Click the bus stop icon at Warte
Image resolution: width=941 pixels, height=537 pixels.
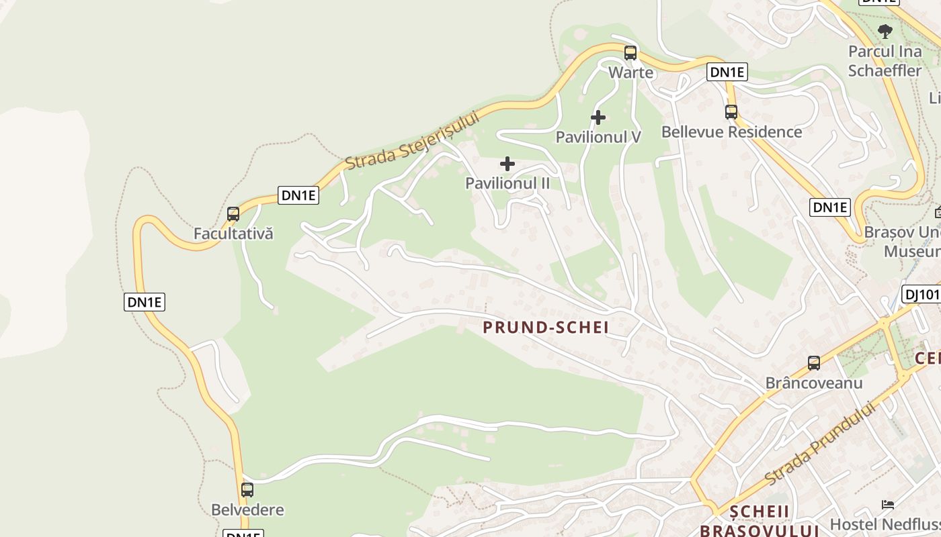(630, 52)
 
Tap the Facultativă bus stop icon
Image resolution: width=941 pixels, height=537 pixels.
(233, 214)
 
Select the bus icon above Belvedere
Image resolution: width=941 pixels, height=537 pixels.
(247, 490)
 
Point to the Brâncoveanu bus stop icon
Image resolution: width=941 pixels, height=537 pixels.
(814, 363)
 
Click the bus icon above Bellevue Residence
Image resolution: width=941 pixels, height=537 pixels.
(731, 112)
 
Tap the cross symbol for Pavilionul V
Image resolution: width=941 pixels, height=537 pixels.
(598, 117)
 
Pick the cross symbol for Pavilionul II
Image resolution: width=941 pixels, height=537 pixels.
(507, 164)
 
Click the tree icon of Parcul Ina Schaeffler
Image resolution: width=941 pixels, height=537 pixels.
(885, 31)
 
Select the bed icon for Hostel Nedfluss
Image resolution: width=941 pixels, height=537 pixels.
(888, 504)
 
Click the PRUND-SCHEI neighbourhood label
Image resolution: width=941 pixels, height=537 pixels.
(546, 328)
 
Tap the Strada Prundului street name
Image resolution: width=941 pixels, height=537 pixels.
(821, 443)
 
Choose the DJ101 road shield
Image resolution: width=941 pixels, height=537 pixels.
(921, 294)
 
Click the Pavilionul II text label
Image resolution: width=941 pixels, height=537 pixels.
(507, 183)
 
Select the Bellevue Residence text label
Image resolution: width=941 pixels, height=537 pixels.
(731, 132)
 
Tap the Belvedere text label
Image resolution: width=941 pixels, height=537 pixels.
(247, 509)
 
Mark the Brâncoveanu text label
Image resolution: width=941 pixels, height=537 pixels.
(814, 383)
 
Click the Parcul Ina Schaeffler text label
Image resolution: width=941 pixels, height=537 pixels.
(885, 60)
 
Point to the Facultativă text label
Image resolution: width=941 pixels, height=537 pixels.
(233, 234)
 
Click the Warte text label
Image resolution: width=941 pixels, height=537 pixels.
(630, 72)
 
